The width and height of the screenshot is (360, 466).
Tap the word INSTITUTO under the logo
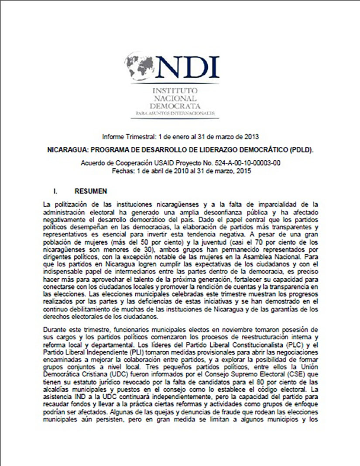(x=174, y=90)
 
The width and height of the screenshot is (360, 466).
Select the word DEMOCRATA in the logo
(x=174, y=106)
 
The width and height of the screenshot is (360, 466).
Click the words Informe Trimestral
(x=121, y=135)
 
